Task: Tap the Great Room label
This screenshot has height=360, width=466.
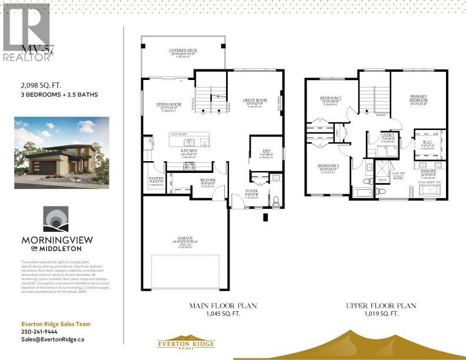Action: click(254, 101)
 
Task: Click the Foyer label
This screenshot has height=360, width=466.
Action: click(251, 191)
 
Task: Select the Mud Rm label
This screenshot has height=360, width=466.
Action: click(208, 181)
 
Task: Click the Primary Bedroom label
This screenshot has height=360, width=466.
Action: click(418, 98)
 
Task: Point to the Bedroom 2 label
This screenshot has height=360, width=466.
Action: click(331, 98)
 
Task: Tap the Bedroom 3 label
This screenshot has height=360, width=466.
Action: click(329, 166)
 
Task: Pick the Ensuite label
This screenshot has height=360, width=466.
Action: click(428, 171)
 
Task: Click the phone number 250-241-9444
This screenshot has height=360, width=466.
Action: click(35, 331)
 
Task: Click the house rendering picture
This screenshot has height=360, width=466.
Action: click(62, 152)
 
